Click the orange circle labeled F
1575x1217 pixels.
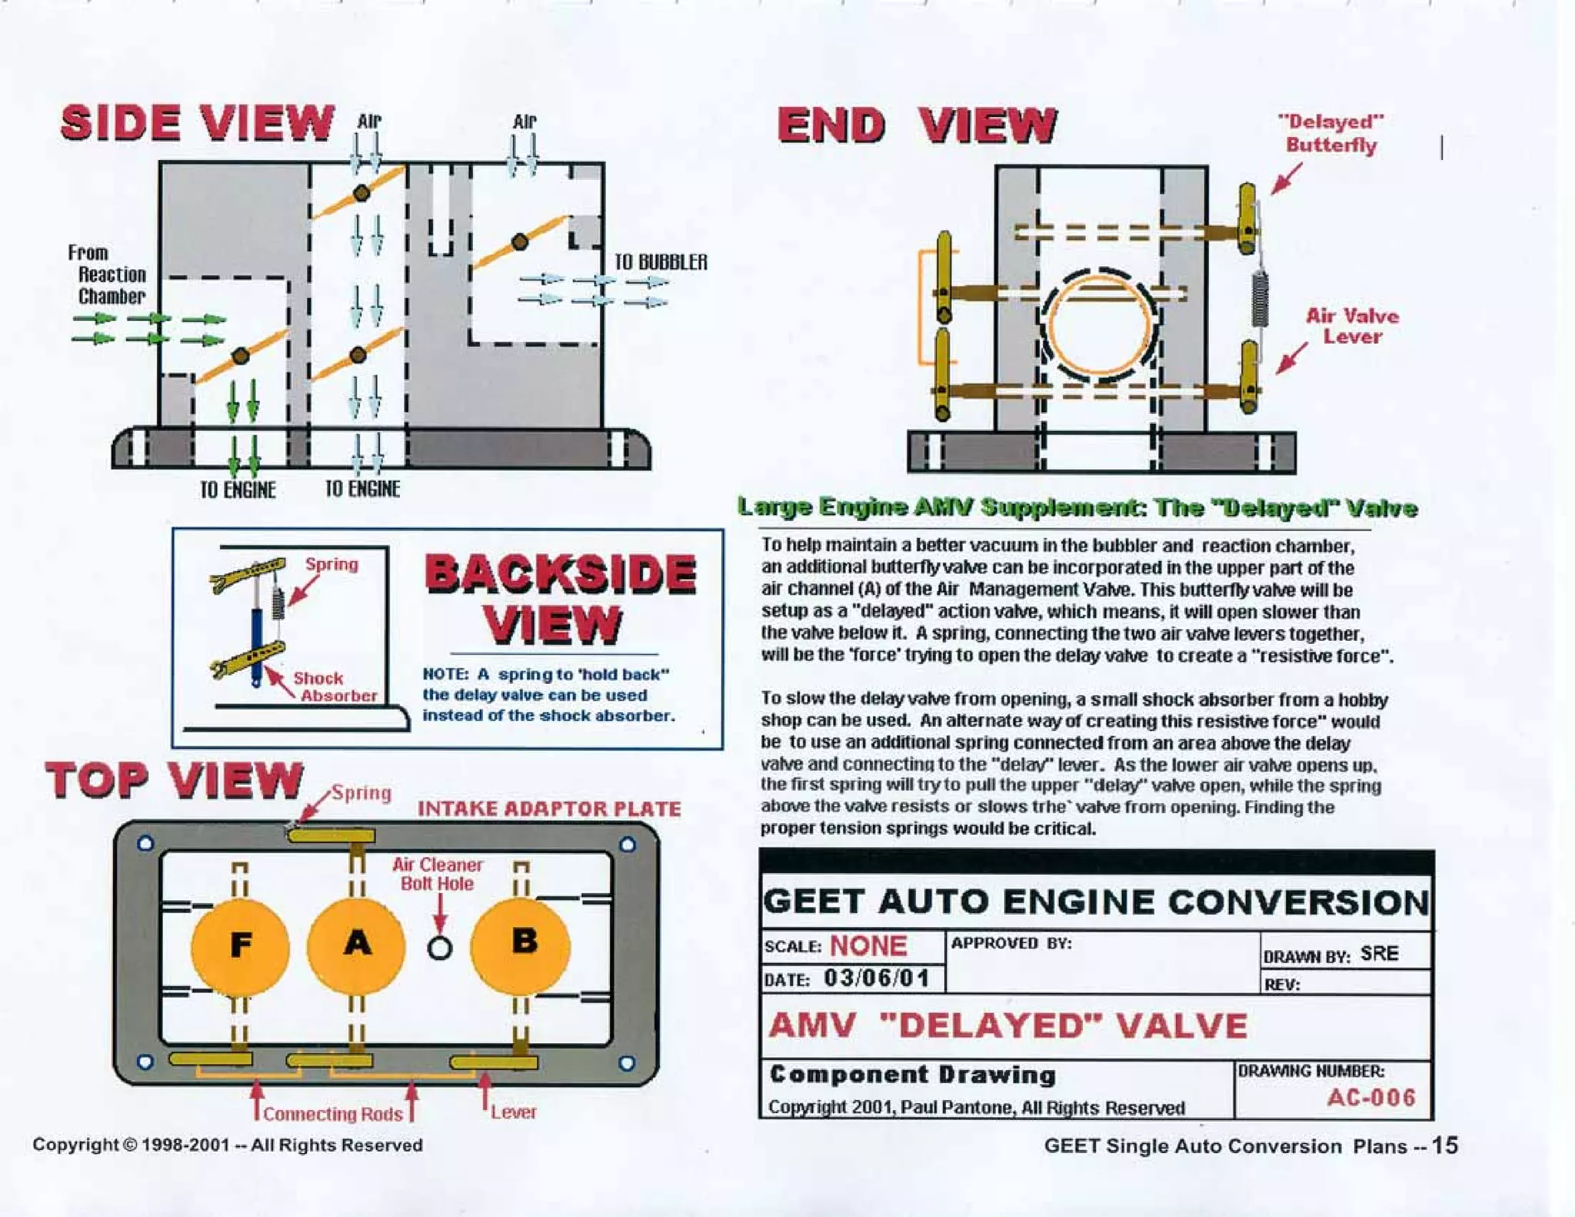point(240,945)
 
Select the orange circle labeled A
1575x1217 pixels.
point(356,944)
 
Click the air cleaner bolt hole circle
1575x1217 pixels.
point(439,948)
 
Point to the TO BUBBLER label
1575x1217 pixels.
point(660,262)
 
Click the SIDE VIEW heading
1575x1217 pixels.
point(197,123)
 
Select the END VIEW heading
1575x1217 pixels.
point(916,125)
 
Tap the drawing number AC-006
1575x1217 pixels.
point(1370,1098)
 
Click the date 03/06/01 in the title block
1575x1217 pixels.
point(876,979)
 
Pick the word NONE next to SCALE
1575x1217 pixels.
point(868,945)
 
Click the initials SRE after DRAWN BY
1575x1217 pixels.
point(1379,954)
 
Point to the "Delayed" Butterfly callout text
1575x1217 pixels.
point(1330,133)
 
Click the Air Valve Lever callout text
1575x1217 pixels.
point(1351,326)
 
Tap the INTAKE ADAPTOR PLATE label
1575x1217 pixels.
point(549,809)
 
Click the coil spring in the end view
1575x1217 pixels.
point(1259,298)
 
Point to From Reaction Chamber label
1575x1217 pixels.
point(108,275)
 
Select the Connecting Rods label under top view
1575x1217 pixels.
point(332,1114)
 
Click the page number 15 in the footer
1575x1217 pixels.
point(1444,1145)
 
